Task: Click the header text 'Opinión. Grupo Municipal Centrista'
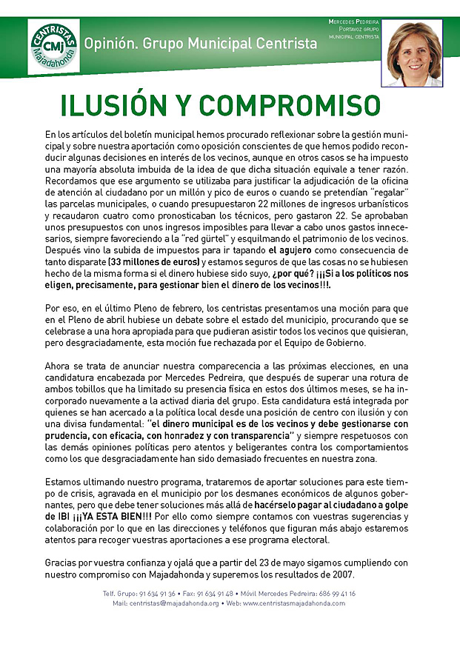point(200,44)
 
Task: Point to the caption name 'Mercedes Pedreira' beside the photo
point(354,21)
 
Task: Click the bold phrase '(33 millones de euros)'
point(156,261)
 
